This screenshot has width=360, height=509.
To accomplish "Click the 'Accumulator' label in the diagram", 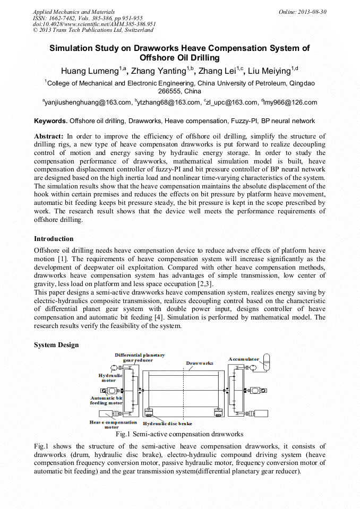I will (244, 359).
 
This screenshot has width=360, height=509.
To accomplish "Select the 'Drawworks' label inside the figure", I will (199, 363).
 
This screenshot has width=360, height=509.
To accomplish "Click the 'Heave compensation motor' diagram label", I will (113, 425).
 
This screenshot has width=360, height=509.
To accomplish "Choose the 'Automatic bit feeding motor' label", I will (106, 400).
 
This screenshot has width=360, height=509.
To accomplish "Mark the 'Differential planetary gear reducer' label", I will (139, 357).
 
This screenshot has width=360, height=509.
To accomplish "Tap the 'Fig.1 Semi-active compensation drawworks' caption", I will (180, 434).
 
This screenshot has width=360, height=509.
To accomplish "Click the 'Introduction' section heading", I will (54, 239).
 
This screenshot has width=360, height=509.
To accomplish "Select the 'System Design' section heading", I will (56, 345).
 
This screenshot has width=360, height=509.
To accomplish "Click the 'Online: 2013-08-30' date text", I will (303, 12).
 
